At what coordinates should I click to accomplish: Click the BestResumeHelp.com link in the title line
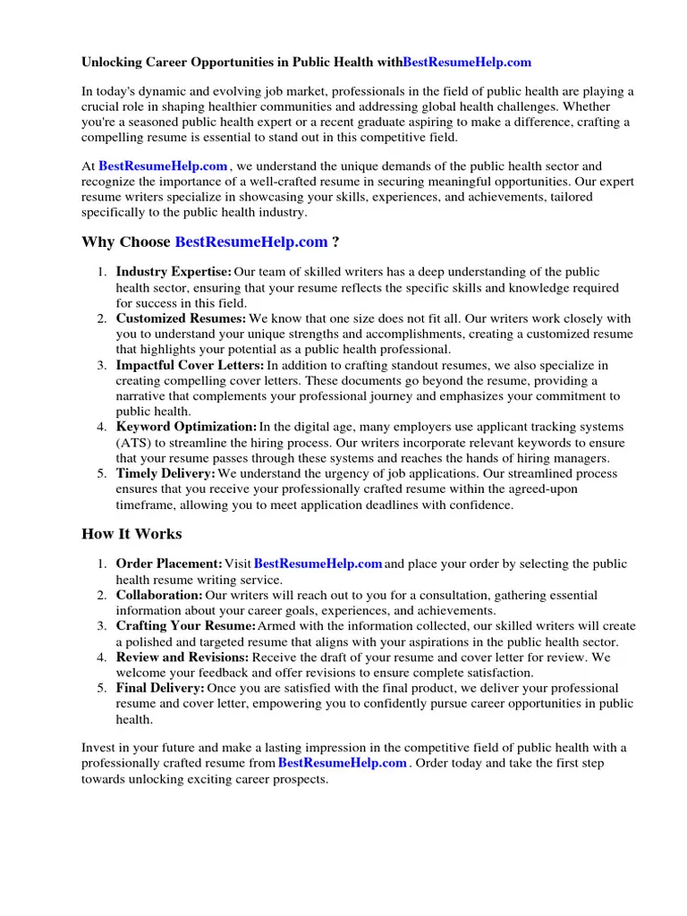pyautogui.click(x=467, y=62)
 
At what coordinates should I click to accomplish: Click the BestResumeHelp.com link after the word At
pyautogui.click(x=163, y=165)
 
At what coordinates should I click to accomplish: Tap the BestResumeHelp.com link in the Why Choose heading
pyautogui.click(x=251, y=242)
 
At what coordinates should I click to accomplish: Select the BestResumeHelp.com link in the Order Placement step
pyautogui.click(x=318, y=564)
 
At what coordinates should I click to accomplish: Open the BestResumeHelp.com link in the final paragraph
pyautogui.click(x=343, y=763)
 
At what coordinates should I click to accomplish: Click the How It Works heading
pyautogui.click(x=131, y=534)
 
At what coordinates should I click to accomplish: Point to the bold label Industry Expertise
pyautogui.click(x=174, y=272)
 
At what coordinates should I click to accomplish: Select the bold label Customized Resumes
pyautogui.click(x=181, y=318)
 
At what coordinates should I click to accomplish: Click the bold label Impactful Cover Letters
pyautogui.click(x=190, y=365)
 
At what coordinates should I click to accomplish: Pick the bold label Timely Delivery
pyautogui.click(x=165, y=473)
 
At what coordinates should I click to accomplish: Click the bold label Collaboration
pyautogui.click(x=159, y=595)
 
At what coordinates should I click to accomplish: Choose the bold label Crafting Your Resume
pyautogui.click(x=186, y=626)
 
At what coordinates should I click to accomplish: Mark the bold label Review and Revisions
pyautogui.click(x=182, y=657)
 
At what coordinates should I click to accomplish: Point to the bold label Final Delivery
pyautogui.click(x=160, y=688)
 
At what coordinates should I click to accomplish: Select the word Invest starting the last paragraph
pyautogui.click(x=99, y=748)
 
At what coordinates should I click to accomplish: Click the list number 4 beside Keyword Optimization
pyautogui.click(x=102, y=427)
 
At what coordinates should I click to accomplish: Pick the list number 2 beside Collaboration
pyautogui.click(x=102, y=595)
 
